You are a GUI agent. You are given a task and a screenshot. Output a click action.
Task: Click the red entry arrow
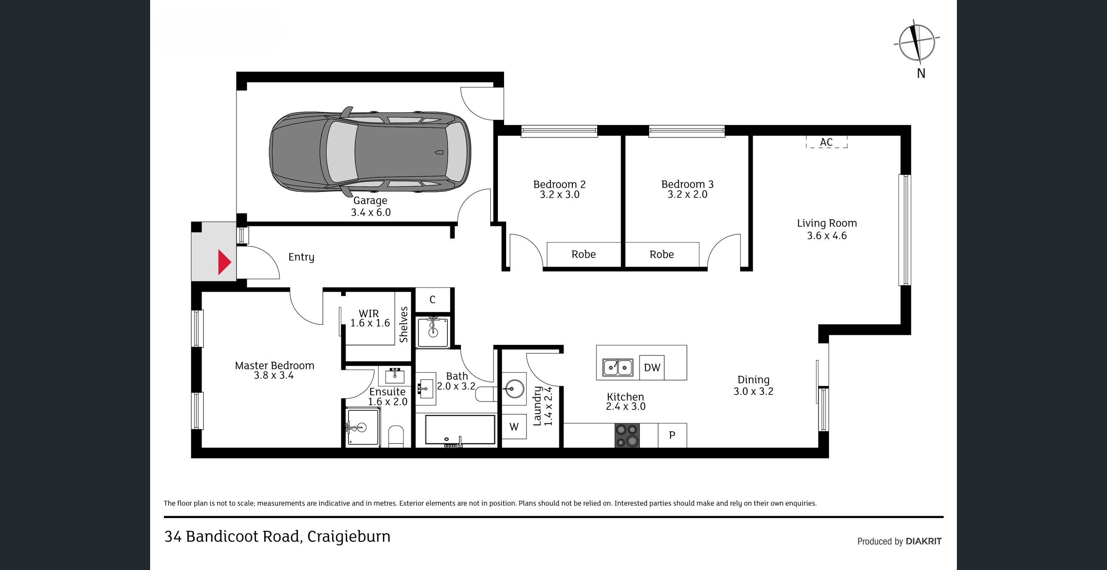click(224, 262)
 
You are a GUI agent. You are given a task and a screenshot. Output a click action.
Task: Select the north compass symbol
click(916, 45)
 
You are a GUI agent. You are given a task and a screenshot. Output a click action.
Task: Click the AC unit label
click(826, 142)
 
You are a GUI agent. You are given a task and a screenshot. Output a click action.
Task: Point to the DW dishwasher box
click(652, 367)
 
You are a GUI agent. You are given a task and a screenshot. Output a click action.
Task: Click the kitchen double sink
click(618, 368)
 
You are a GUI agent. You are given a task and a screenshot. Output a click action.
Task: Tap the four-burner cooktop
click(627, 435)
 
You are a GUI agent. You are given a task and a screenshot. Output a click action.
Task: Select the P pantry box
click(672, 435)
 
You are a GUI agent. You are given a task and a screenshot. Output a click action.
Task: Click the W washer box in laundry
click(514, 427)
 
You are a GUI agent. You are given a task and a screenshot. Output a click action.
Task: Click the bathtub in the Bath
click(460, 430)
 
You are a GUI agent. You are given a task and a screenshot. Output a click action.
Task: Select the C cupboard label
click(432, 300)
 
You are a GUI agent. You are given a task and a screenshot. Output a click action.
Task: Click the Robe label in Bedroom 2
click(583, 254)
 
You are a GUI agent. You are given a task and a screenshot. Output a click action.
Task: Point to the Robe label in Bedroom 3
click(661, 254)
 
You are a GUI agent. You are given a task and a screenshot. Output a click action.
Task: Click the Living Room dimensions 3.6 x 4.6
click(827, 236)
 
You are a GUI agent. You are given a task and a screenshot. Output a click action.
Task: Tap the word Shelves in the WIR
click(403, 324)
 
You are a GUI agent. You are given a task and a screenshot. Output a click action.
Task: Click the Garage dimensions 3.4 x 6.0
click(371, 212)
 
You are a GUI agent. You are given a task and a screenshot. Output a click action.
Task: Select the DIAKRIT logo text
click(923, 541)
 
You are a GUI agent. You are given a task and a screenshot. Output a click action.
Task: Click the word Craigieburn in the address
click(349, 537)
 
